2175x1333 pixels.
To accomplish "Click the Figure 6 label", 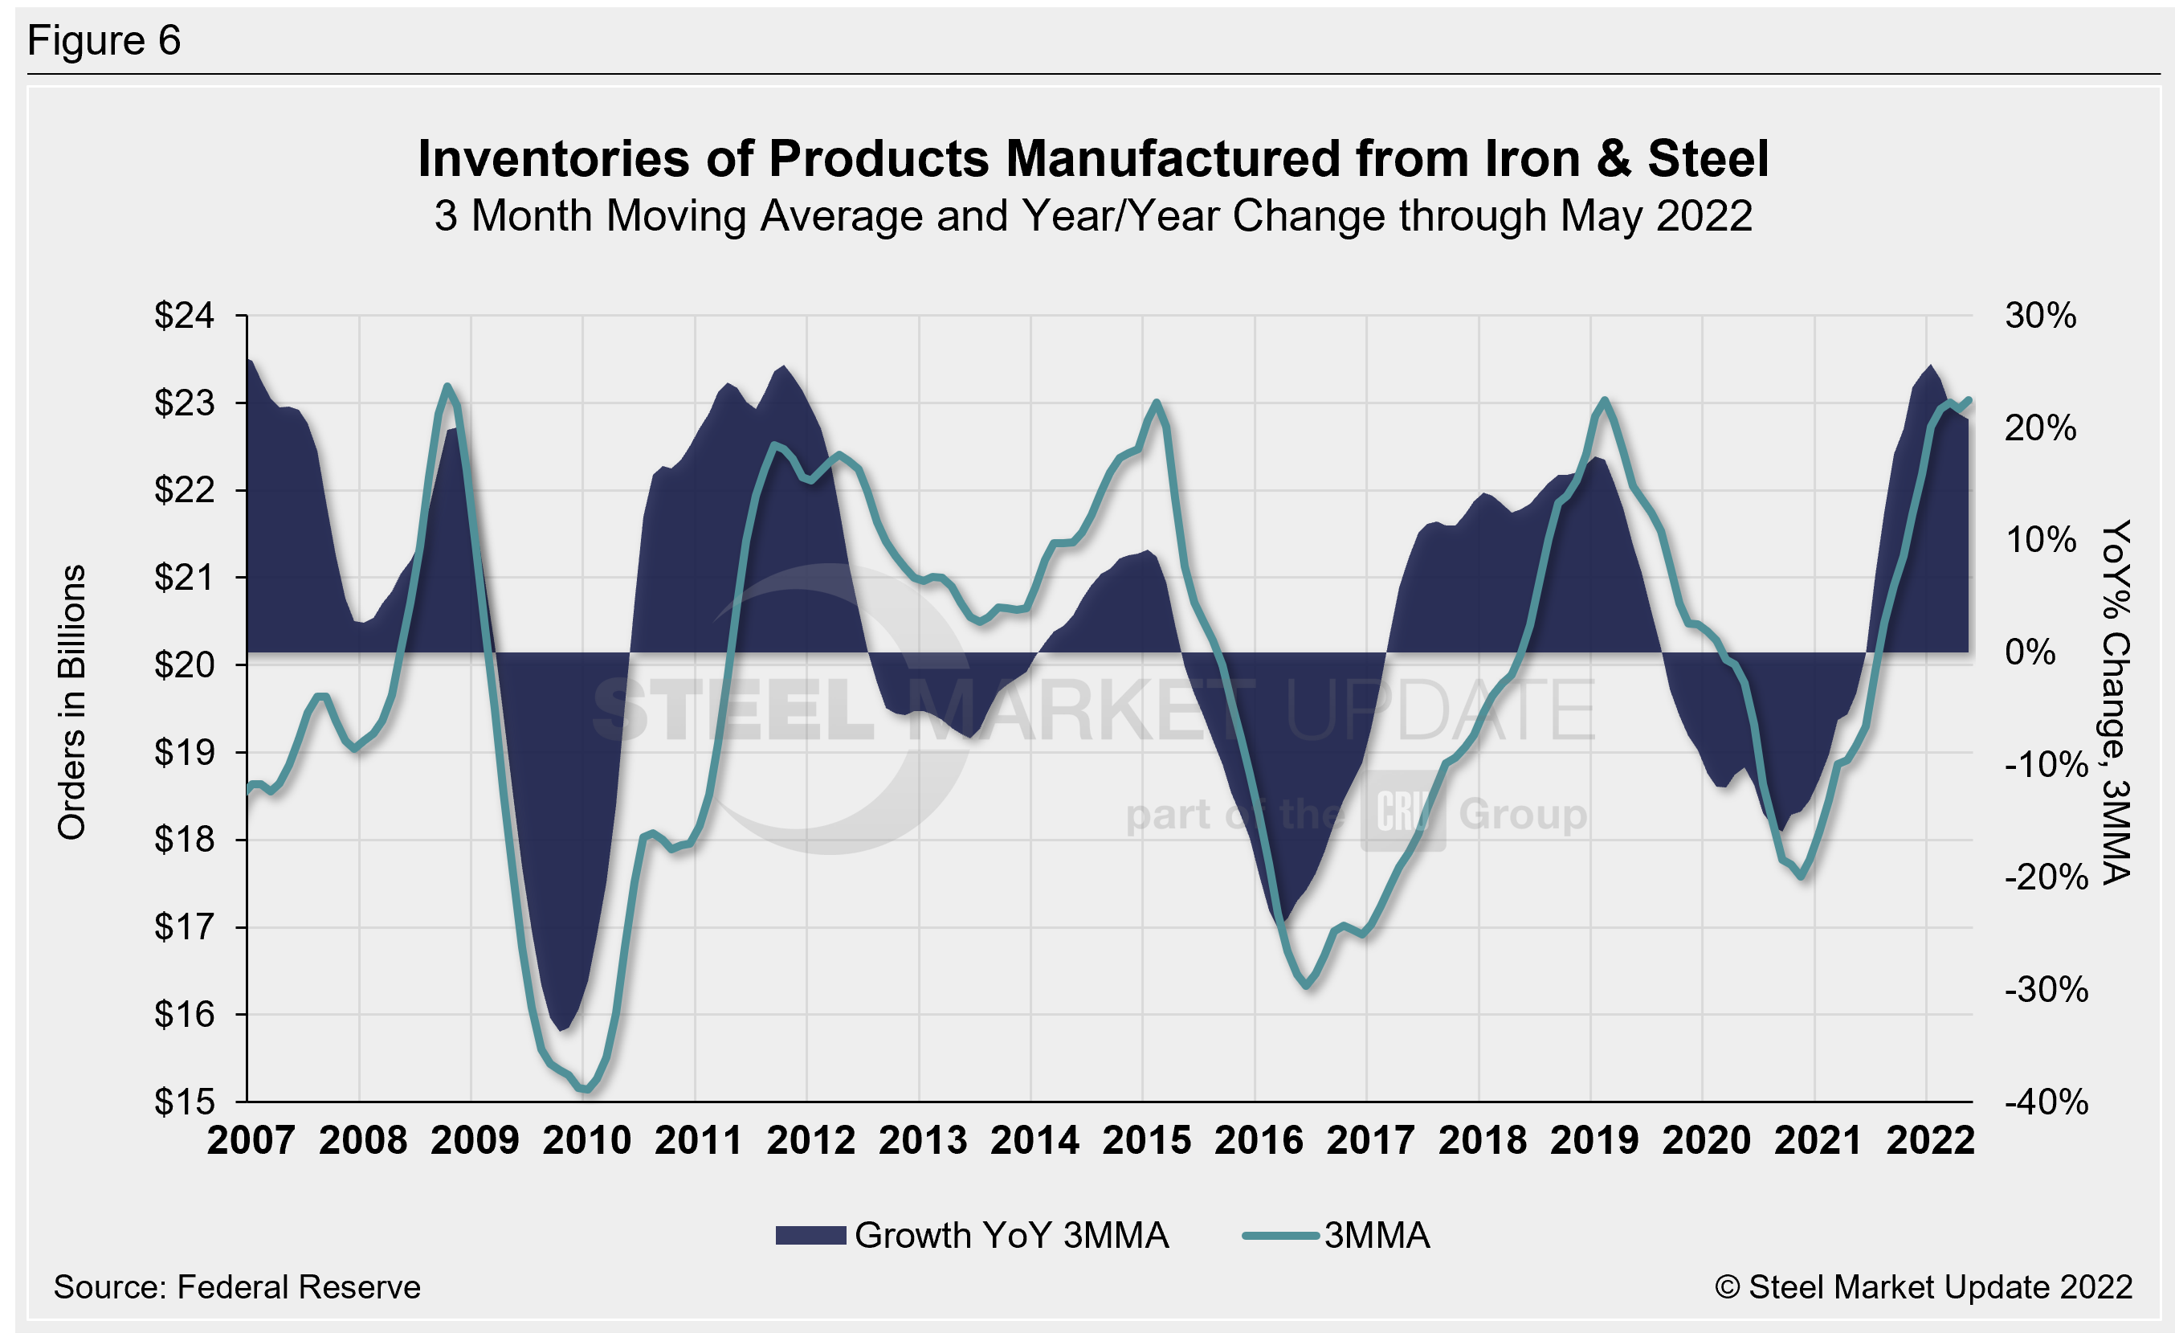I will [104, 41].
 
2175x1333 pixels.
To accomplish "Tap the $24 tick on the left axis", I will [184, 315].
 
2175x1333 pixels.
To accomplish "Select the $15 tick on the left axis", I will [184, 1102].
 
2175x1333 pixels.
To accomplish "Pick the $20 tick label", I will [184, 664].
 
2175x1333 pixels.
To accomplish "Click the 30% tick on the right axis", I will [2040, 315].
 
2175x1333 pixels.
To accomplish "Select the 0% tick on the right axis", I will [2031, 652].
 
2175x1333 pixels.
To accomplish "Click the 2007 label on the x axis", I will [251, 1140].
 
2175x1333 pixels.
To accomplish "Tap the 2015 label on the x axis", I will [1146, 1140].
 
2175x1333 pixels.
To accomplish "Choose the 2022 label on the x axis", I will [1929, 1140].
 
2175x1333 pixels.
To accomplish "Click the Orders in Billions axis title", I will [72, 701].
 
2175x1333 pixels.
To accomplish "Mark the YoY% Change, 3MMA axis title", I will [2116, 701].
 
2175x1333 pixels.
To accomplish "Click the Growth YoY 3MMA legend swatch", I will [810, 1235].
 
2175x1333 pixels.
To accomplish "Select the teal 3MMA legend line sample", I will [1280, 1235].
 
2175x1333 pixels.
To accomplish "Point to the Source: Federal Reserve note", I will [237, 1287].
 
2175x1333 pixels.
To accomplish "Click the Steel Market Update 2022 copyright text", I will [1924, 1287].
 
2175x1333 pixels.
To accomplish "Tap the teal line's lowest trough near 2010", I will [586, 1090].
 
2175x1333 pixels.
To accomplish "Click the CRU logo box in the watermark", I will [1402, 811].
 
